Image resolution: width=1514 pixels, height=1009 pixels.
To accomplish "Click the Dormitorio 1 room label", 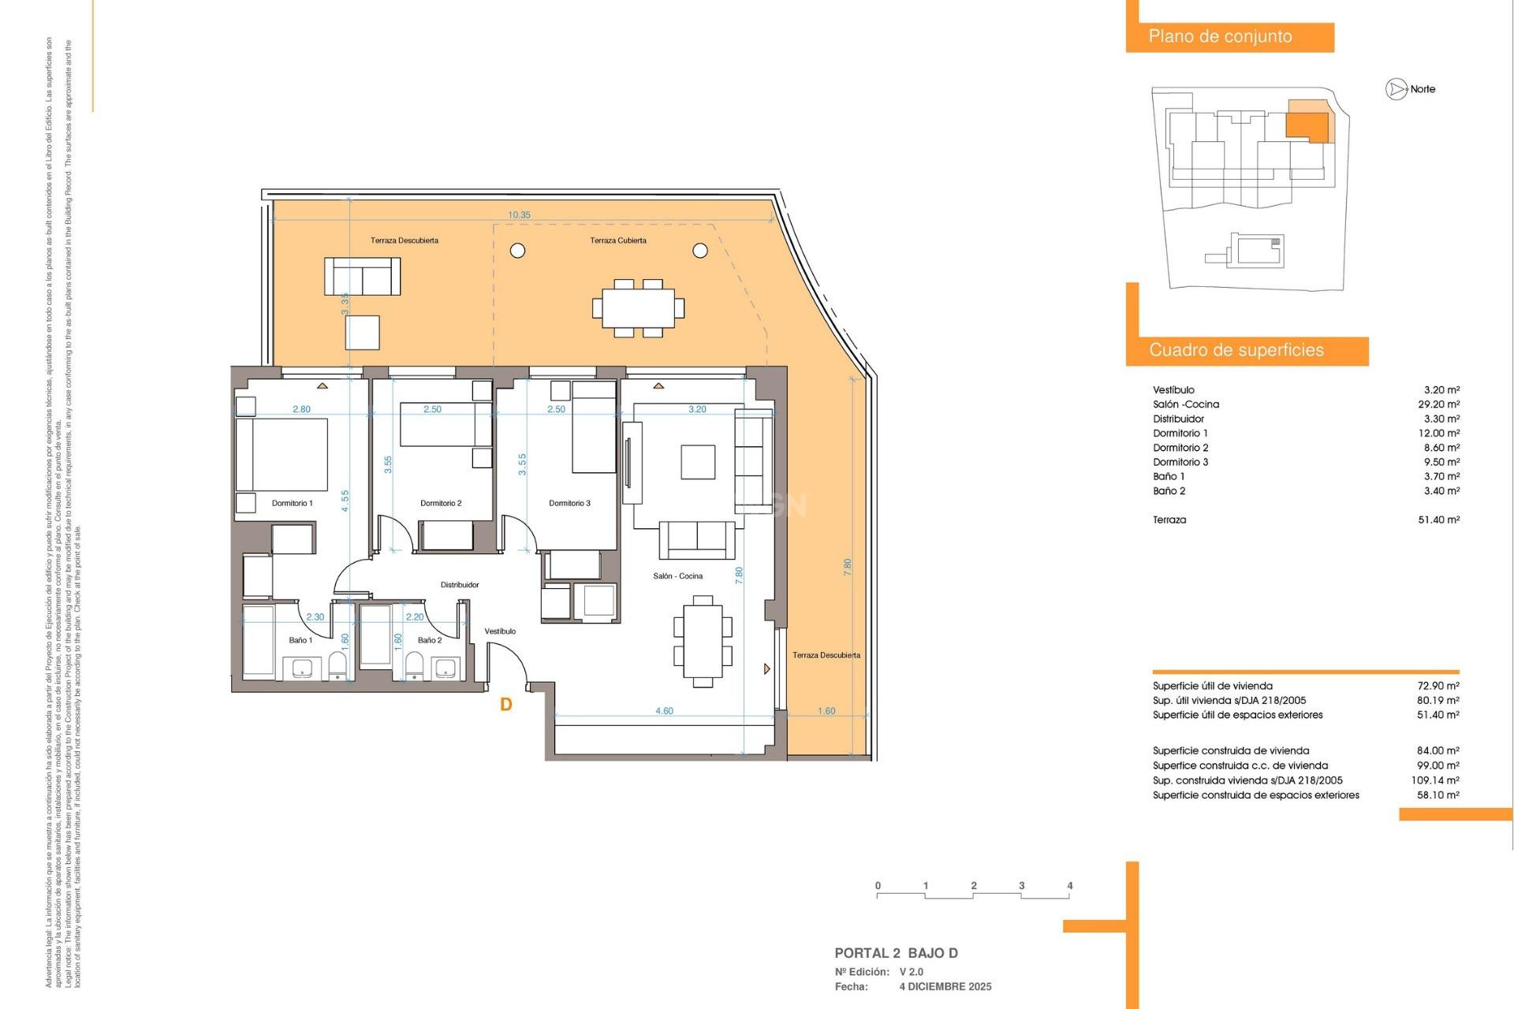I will coord(292,503).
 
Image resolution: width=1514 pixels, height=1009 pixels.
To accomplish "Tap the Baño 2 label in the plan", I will coord(430,640).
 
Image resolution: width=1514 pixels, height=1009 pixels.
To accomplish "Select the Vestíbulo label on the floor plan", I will coord(500,631).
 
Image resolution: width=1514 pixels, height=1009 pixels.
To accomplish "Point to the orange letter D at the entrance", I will coord(506,705).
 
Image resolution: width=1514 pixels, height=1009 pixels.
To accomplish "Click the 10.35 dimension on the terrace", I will coord(519,214).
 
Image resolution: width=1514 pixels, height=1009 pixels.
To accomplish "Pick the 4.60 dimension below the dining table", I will coord(664,711).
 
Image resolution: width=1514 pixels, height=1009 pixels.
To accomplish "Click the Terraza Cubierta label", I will coord(618,240).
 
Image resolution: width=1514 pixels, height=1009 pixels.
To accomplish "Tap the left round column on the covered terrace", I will coord(518,251).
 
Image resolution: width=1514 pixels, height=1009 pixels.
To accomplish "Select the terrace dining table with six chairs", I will coord(638,308).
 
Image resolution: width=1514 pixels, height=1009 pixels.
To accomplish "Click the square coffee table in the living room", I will coord(698,462).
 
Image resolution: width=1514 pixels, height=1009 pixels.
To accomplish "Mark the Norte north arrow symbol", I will coord(1397,89).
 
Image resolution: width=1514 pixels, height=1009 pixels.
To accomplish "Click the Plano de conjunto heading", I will coord(1220,36).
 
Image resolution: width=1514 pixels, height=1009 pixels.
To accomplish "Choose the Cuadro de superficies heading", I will coord(1236,350).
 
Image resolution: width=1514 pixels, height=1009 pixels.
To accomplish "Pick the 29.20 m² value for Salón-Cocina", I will coord(1438,404).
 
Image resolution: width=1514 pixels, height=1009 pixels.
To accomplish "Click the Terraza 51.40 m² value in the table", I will coord(1438,519).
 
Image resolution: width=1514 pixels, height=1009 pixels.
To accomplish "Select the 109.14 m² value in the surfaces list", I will coord(1434,780).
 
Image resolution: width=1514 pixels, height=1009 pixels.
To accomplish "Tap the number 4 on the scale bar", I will coord(1069,886).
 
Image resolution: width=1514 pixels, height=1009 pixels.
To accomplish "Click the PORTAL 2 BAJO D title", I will coord(896,953).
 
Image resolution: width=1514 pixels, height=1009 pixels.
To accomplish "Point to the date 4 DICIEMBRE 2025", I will coord(945,987).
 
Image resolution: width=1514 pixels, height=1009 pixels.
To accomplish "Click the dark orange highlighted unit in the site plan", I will coord(1307,125).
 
